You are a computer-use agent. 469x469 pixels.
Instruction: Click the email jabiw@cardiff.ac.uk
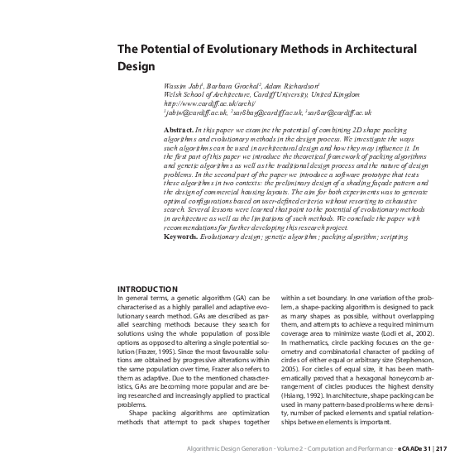[199, 112]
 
